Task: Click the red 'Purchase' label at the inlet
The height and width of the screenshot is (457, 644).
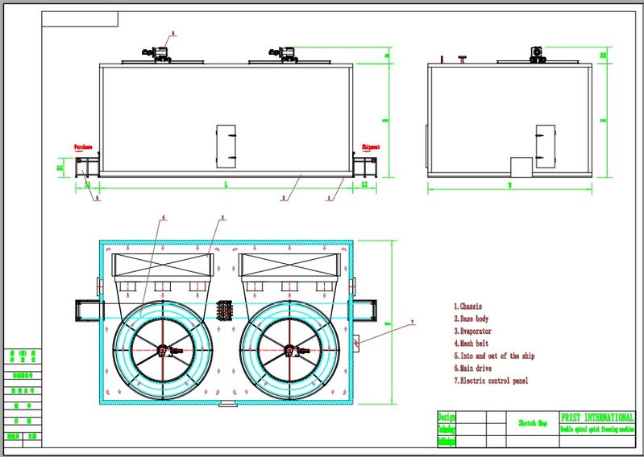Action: pyautogui.click(x=83, y=147)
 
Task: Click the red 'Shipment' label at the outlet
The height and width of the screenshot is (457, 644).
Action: pyautogui.click(x=371, y=147)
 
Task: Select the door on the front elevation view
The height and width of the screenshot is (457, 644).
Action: pyautogui.click(x=226, y=146)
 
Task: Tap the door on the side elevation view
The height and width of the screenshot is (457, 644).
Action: pyautogui.click(x=546, y=146)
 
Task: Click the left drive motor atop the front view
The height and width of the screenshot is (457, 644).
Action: pyautogui.click(x=160, y=53)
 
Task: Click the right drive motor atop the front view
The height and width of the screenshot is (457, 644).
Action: pyautogui.click(x=287, y=53)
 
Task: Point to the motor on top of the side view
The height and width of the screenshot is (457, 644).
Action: pyautogui.click(x=537, y=54)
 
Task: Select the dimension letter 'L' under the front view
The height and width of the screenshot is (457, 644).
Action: pyautogui.click(x=226, y=185)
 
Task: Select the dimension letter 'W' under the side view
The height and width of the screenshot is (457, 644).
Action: pyautogui.click(x=509, y=186)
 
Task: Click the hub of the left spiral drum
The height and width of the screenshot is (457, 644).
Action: pyautogui.click(x=163, y=350)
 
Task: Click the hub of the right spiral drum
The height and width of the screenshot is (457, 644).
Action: pyautogui.click(x=290, y=350)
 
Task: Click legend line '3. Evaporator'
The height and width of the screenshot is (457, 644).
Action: pyautogui.click(x=473, y=331)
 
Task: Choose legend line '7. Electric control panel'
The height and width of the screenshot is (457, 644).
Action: pyautogui.click(x=491, y=381)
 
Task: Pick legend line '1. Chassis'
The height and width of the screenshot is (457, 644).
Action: pyautogui.click(x=469, y=307)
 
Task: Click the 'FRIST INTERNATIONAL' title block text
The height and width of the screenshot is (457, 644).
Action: pyautogui.click(x=596, y=418)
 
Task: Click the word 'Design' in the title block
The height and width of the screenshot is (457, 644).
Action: pyautogui.click(x=447, y=417)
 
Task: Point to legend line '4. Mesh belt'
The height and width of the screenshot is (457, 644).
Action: pyautogui.click(x=472, y=344)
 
